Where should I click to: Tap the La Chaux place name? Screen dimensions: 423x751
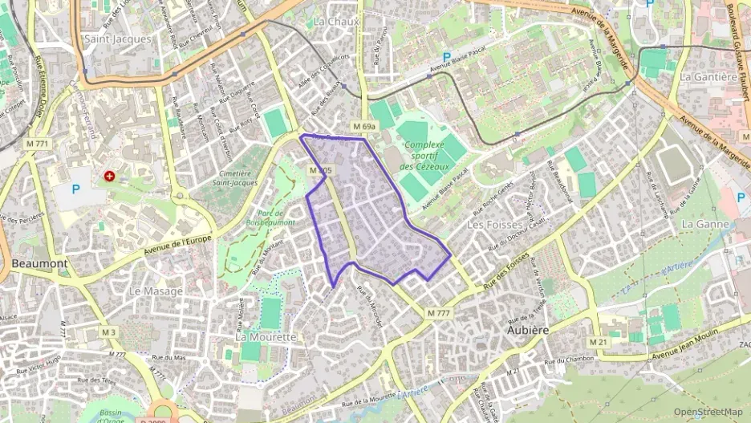(x=336, y=21)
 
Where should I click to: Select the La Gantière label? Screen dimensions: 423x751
(x=708, y=77)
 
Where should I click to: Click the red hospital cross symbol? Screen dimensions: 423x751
(x=109, y=174)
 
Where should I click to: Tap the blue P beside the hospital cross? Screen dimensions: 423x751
(x=76, y=189)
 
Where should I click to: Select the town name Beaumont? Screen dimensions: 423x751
(x=39, y=262)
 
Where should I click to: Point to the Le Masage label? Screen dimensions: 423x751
(x=156, y=291)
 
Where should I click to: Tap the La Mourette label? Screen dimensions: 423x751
(x=266, y=337)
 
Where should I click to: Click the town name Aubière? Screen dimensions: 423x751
(x=527, y=329)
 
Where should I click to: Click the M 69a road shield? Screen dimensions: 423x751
(x=363, y=127)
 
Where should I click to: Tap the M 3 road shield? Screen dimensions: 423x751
(x=108, y=332)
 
